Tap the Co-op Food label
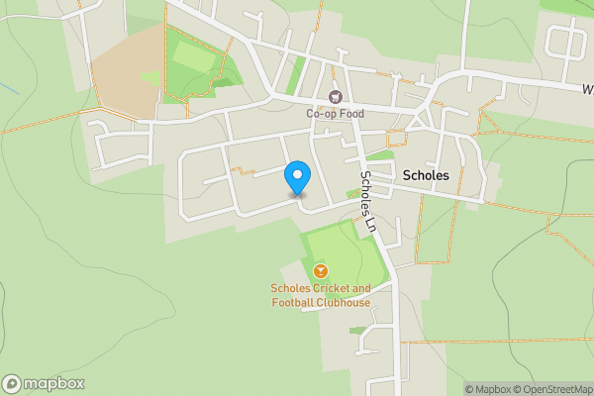point(335,114)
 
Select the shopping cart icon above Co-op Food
point(335,96)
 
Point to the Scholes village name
point(427,175)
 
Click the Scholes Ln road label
point(369,201)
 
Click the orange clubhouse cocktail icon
point(320,271)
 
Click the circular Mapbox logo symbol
point(13,383)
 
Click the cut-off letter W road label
point(587,87)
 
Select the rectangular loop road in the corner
point(566,42)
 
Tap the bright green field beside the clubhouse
point(342,252)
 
